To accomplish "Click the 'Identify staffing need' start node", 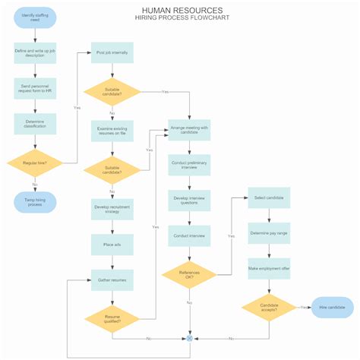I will point(35,18).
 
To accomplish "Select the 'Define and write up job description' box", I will point(35,53).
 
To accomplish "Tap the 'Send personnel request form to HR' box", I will point(35,88).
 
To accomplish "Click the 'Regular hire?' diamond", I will point(35,163).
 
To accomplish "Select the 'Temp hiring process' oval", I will point(35,203).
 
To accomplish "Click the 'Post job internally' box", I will point(112,52).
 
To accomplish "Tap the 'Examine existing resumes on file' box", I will point(112,131).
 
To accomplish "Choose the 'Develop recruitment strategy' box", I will point(112,210).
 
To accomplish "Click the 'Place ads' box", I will point(112,245).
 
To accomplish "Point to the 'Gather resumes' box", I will point(112,279).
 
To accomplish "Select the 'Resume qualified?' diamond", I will point(112,317).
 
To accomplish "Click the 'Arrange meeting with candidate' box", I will point(190,131).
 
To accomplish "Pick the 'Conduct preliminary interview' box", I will point(190,166).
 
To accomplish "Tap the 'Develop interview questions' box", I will point(190,201).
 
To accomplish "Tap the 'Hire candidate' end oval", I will point(332,308).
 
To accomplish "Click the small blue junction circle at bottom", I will point(190,338).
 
